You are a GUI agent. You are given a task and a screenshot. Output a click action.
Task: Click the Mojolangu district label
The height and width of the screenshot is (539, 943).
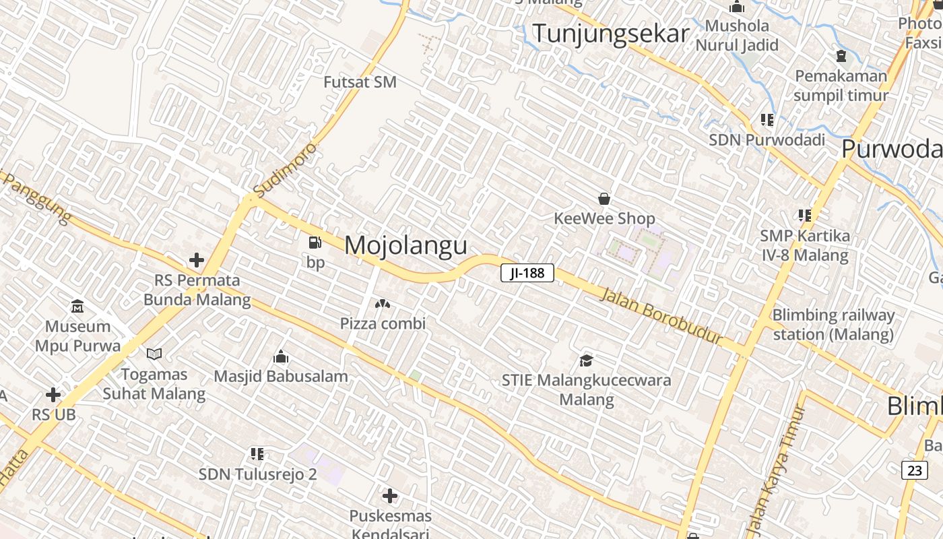tap(405, 245)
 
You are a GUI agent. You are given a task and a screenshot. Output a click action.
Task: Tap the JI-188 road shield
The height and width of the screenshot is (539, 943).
tap(527, 273)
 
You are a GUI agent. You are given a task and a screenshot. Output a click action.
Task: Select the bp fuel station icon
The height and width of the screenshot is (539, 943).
tap(315, 243)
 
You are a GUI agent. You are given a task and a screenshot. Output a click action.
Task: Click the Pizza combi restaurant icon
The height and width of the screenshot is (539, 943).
tap(383, 305)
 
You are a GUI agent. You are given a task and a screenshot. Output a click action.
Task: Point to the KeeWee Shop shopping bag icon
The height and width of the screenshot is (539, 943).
tap(604, 199)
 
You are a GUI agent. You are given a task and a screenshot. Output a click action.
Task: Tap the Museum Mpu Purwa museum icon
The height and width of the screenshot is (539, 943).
tap(77, 307)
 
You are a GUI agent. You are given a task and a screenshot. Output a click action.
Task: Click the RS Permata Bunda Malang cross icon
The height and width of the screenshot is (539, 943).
tap(197, 260)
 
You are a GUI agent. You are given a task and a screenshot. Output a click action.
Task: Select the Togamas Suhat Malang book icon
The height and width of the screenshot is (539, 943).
tap(154, 354)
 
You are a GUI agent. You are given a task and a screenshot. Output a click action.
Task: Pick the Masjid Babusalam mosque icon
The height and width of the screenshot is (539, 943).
tap(281, 356)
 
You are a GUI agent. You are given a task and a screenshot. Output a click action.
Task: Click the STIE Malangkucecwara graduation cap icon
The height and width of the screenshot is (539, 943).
tap(586, 360)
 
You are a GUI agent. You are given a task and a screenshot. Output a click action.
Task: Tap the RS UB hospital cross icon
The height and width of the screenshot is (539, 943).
tap(53, 395)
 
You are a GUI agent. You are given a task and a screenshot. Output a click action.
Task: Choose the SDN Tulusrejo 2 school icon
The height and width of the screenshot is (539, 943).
tap(257, 454)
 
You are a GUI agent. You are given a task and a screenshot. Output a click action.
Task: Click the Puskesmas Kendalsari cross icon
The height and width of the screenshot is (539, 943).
tap(389, 497)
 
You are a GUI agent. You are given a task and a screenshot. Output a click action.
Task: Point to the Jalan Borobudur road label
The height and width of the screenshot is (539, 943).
tap(660, 315)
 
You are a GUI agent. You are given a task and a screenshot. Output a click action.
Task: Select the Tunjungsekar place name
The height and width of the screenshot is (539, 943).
tap(611, 34)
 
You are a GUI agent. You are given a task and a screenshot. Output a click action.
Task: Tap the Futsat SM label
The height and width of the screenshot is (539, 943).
tap(360, 82)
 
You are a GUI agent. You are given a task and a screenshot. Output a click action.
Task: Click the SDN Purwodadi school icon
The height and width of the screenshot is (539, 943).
tap(767, 120)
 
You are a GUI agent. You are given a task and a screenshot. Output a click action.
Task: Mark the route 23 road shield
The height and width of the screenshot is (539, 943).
tap(914, 470)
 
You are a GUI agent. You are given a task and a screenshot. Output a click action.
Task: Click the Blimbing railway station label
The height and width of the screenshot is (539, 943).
tap(833, 324)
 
